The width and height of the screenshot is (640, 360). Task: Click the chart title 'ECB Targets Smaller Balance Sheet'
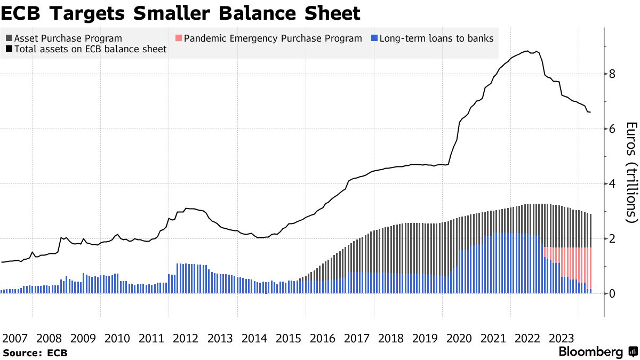(x=181, y=13)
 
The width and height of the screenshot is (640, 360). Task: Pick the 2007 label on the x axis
(x=15, y=338)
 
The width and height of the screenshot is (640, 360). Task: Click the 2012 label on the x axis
(x=186, y=338)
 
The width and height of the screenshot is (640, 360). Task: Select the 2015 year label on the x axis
(x=289, y=338)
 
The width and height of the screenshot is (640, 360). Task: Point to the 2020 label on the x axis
(x=459, y=338)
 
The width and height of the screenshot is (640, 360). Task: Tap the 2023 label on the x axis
(x=562, y=338)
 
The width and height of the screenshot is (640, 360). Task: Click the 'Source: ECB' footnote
(x=35, y=353)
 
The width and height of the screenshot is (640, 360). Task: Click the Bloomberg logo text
(x=590, y=352)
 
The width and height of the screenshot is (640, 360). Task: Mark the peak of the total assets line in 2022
(x=527, y=51)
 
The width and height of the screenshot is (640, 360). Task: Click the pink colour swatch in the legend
(x=179, y=38)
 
